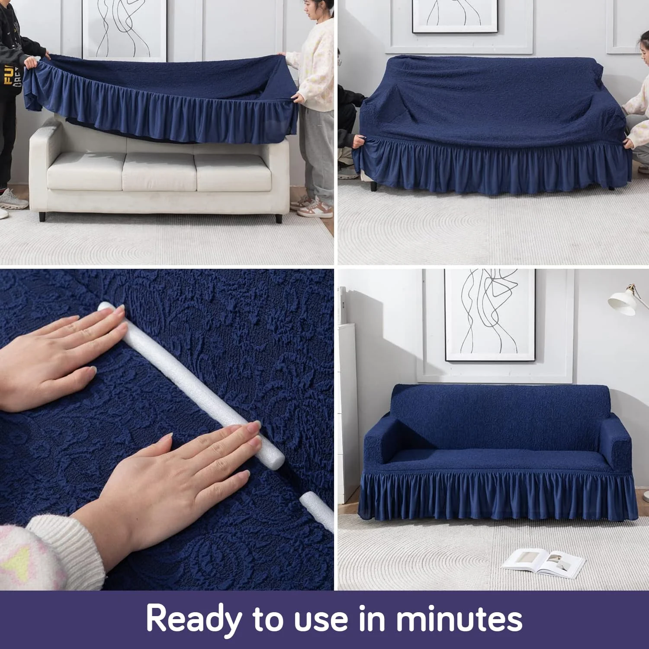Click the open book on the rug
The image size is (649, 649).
[543, 562]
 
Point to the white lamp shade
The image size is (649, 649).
[623, 303]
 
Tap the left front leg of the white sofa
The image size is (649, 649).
[42, 216]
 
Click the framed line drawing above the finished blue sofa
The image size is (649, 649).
[489, 315]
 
